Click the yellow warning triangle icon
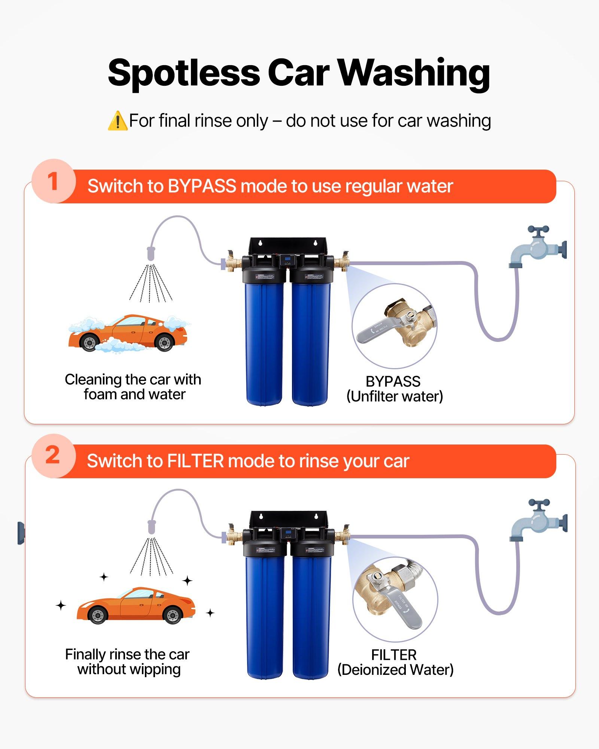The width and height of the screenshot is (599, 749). tap(118, 121)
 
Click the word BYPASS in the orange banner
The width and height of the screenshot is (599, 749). tap(202, 186)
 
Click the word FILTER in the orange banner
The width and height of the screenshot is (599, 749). tap(195, 461)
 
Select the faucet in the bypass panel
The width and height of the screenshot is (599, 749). tap(538, 247)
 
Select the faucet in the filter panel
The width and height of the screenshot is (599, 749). tap(538, 521)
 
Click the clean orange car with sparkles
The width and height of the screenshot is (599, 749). tap(136, 605)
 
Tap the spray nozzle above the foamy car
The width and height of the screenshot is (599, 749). tap(150, 254)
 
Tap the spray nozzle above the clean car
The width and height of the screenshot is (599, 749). tap(152, 527)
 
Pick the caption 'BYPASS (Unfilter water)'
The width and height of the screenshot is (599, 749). tap(394, 389)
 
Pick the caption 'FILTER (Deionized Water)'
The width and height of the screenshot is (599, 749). tap(395, 662)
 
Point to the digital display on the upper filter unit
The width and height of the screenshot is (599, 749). tap(288, 260)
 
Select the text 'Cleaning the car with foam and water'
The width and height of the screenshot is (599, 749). tap(133, 387)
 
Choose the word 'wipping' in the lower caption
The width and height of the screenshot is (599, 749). tap(155, 670)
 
